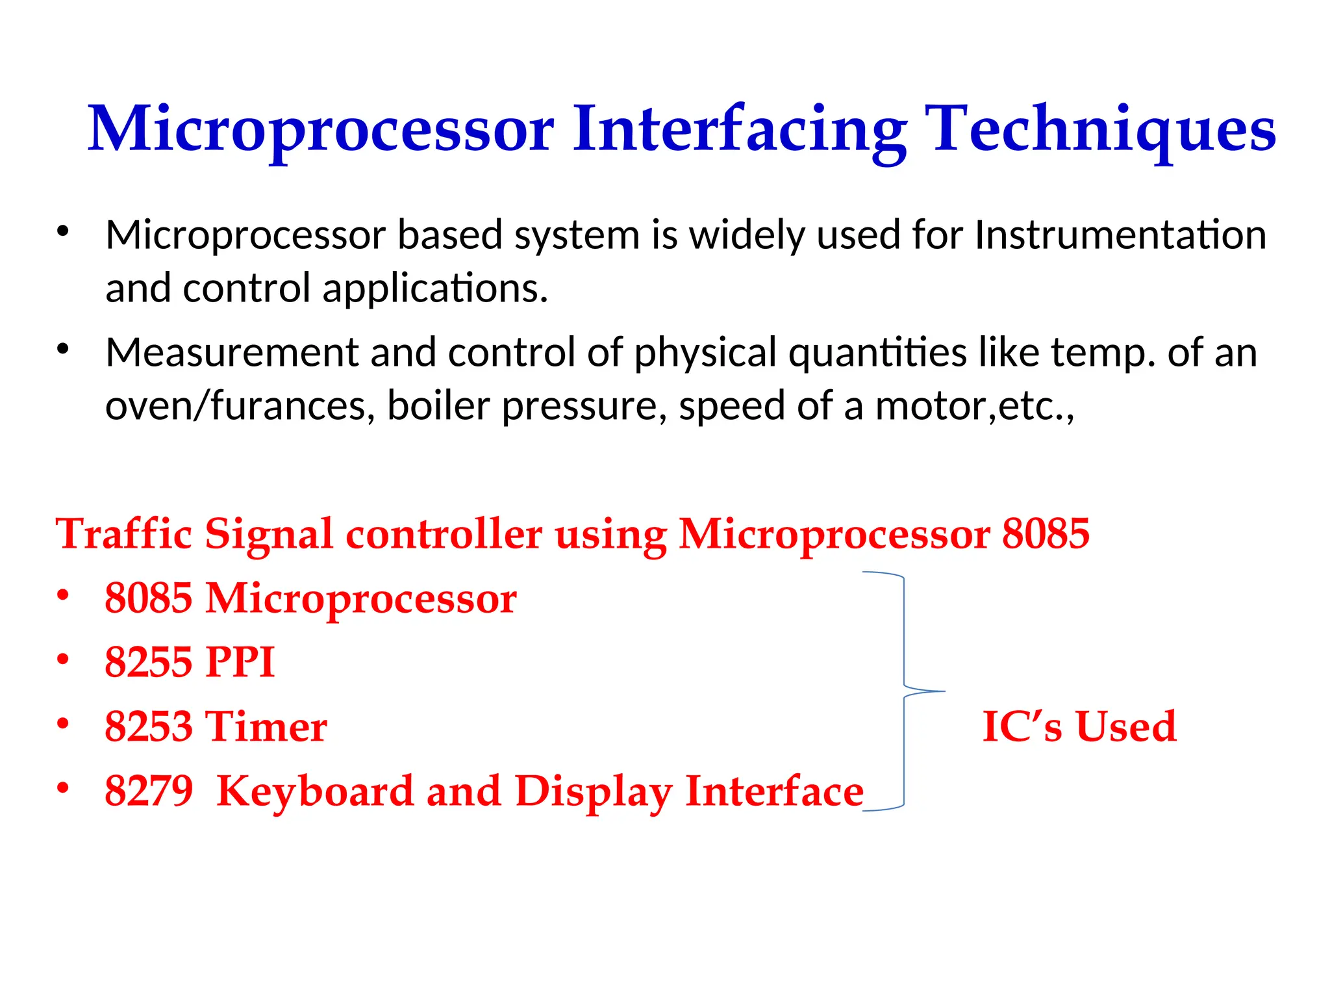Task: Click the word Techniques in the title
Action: click(x=1099, y=130)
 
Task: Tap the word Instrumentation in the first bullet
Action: click(x=1120, y=235)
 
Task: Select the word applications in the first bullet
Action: click(x=434, y=288)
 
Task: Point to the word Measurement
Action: click(x=232, y=353)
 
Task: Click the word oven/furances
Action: click(x=240, y=406)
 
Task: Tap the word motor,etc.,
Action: click(x=974, y=406)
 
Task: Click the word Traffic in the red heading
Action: click(x=123, y=534)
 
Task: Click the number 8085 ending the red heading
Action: click(x=1046, y=534)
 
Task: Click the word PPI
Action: click(x=240, y=662)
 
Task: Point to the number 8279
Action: click(x=149, y=791)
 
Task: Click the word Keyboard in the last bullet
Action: click(x=314, y=791)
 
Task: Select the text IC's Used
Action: click(x=1079, y=726)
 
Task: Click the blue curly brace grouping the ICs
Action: click(x=904, y=691)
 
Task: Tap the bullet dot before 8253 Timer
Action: click(x=62, y=723)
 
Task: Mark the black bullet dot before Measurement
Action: click(x=62, y=350)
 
